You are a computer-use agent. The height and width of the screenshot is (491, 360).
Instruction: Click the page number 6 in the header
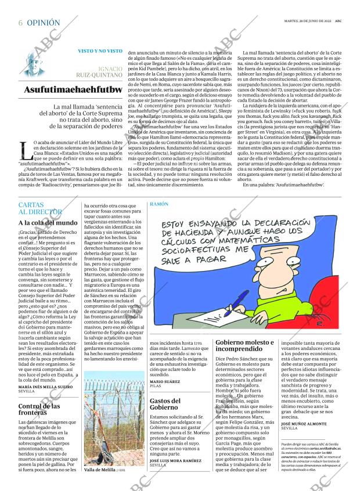click(x=20, y=23)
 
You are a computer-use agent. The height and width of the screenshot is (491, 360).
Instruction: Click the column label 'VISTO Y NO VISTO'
click(x=100, y=51)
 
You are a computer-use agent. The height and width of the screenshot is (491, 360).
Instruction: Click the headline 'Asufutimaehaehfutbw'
click(x=73, y=90)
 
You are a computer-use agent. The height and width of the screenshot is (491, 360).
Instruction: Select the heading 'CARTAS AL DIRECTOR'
click(x=39, y=208)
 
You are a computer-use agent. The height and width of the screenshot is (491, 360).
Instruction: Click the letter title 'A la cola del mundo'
click(x=48, y=223)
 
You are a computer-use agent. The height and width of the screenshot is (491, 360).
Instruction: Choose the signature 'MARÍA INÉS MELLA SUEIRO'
click(x=46, y=387)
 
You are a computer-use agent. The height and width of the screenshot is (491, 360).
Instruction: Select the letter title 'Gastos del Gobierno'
click(x=164, y=405)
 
